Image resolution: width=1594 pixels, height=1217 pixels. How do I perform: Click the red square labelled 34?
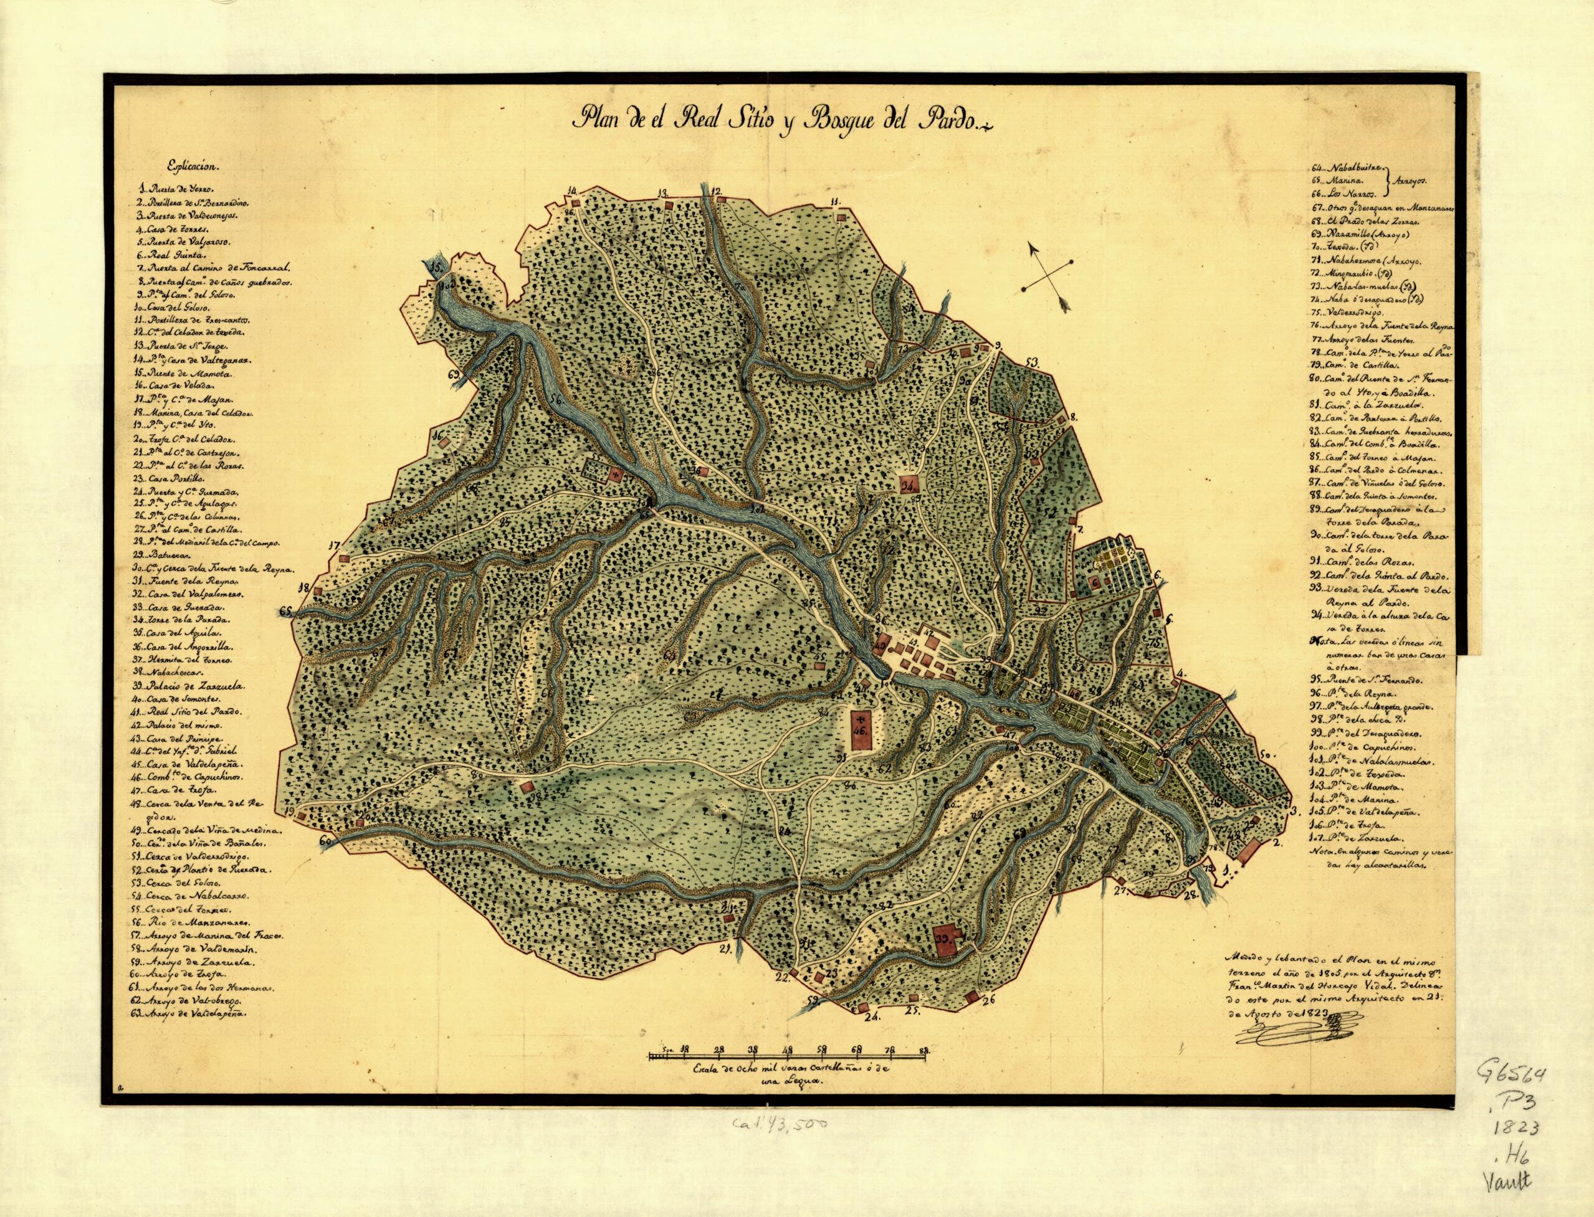click(910, 485)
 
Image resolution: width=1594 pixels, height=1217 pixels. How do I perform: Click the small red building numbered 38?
click(527, 789)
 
